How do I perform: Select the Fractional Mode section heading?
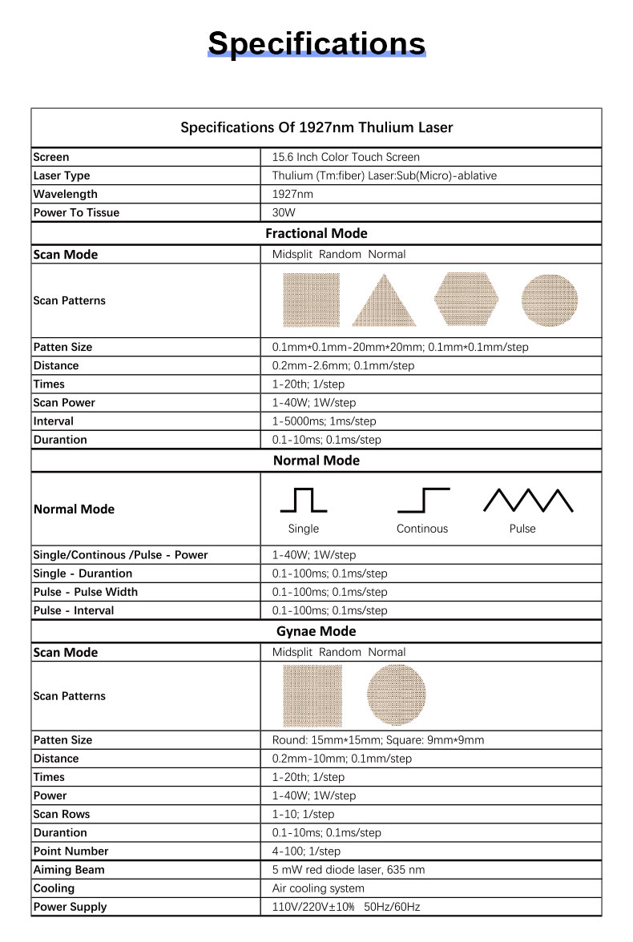pos(316,233)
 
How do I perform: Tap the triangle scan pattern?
pos(384,300)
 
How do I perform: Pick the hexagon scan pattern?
pos(466,300)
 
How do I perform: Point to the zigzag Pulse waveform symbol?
pos(528,500)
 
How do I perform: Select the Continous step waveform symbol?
pos(423,500)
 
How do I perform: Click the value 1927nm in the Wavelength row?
pos(292,194)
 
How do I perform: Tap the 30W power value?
pos(284,212)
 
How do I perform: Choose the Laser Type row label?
pos(62,175)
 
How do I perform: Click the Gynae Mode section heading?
pos(316,631)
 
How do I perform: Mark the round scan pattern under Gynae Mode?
pos(397,695)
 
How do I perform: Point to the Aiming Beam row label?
pos(69,869)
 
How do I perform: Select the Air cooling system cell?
pos(318,888)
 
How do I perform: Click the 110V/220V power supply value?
pos(345,907)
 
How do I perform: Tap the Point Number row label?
pos(71,851)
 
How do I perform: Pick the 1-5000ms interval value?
pos(324,421)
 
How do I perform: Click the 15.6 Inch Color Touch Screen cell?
pos(345,157)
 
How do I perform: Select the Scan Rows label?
pos(62,814)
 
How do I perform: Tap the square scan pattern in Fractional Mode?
pos(312,300)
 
